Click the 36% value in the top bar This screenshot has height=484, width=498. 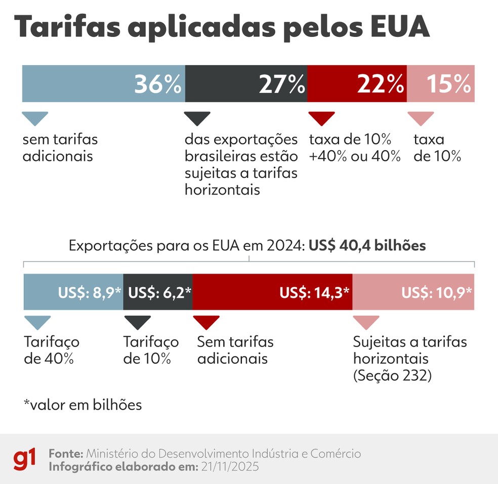coord(157,84)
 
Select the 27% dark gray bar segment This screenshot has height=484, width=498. coord(246,84)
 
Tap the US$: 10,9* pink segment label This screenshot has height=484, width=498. coord(436,292)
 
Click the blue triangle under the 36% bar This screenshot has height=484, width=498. coord(35,118)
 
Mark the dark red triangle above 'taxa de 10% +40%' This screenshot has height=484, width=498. coord(321,118)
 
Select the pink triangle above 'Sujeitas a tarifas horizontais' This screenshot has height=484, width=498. coord(366,322)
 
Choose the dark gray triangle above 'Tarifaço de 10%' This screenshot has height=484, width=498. coord(137,322)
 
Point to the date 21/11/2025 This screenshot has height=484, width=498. coord(230,466)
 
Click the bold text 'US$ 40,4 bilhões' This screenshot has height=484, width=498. coord(367,246)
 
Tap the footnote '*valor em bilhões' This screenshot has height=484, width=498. coord(82,405)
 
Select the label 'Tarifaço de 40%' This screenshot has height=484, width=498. coord(51,350)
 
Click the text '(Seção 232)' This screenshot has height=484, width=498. coord(392,376)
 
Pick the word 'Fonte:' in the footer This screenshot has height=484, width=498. coord(66,453)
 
